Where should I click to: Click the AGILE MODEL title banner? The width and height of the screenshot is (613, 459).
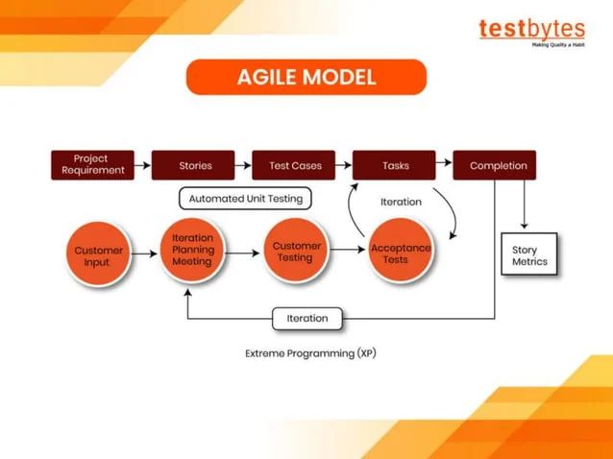[306, 77]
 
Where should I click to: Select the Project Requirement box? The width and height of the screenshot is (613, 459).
[92, 165]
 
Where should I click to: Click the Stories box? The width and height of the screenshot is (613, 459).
[194, 165]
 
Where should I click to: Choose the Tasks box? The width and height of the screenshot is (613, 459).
[395, 165]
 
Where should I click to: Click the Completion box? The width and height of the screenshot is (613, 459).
[494, 165]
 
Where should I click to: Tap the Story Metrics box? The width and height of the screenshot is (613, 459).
[529, 255]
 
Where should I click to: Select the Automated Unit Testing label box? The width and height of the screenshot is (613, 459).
[245, 199]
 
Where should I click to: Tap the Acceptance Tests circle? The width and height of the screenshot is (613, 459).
[401, 254]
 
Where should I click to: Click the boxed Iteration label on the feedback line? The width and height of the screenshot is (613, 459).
[307, 318]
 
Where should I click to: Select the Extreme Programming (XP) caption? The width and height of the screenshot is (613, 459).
[310, 353]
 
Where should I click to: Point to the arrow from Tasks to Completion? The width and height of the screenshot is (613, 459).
[444, 165]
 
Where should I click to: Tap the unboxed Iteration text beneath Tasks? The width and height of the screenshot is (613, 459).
[401, 202]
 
